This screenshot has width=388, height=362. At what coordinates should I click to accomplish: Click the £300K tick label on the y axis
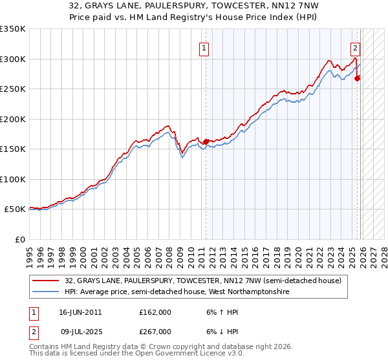13,59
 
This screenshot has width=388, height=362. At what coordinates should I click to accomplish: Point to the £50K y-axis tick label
15,209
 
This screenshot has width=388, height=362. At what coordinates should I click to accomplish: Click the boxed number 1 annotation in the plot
204,47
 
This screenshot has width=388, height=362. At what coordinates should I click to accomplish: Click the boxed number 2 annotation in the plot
355,47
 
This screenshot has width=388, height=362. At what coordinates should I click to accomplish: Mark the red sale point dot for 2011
206,142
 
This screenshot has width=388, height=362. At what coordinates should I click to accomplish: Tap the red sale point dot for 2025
357,79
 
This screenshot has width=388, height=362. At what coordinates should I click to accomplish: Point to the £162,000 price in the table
155,312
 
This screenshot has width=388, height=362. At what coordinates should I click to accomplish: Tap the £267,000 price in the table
155,332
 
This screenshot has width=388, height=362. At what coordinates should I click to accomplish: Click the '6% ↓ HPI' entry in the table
219,332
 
